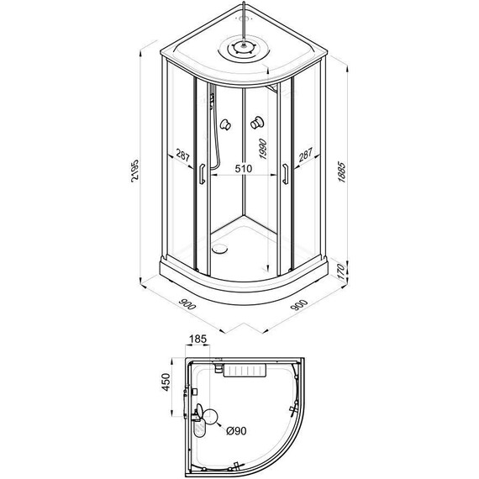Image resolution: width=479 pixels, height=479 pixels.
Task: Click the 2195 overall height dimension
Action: click(x=134, y=171)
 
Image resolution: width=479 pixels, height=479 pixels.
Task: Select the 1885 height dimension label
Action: click(x=341, y=172)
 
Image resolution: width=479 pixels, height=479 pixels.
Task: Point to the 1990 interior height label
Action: click(x=262, y=149)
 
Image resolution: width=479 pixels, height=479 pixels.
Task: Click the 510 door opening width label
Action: click(x=244, y=168)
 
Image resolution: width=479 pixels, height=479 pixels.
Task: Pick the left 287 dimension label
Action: click(x=182, y=155)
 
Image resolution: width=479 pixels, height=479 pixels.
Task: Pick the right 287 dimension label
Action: click(x=306, y=155)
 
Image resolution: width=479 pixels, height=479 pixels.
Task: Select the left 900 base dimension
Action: click(x=187, y=304)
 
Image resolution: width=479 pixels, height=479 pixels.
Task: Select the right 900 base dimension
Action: click(x=299, y=304)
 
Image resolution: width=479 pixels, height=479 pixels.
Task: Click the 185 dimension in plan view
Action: click(x=198, y=340)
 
